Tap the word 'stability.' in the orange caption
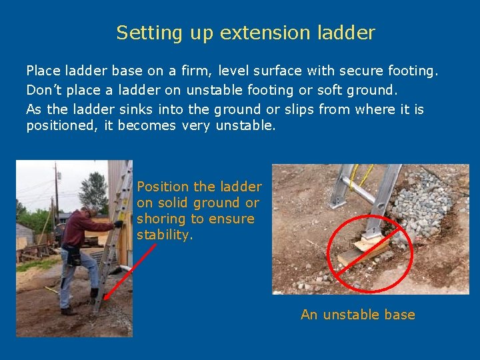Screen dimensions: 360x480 pos(163,235)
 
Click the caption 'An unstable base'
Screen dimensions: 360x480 pos(357,315)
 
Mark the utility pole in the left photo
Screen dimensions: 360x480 pos(56,193)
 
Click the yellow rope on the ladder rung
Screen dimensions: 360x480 pos(365,175)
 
